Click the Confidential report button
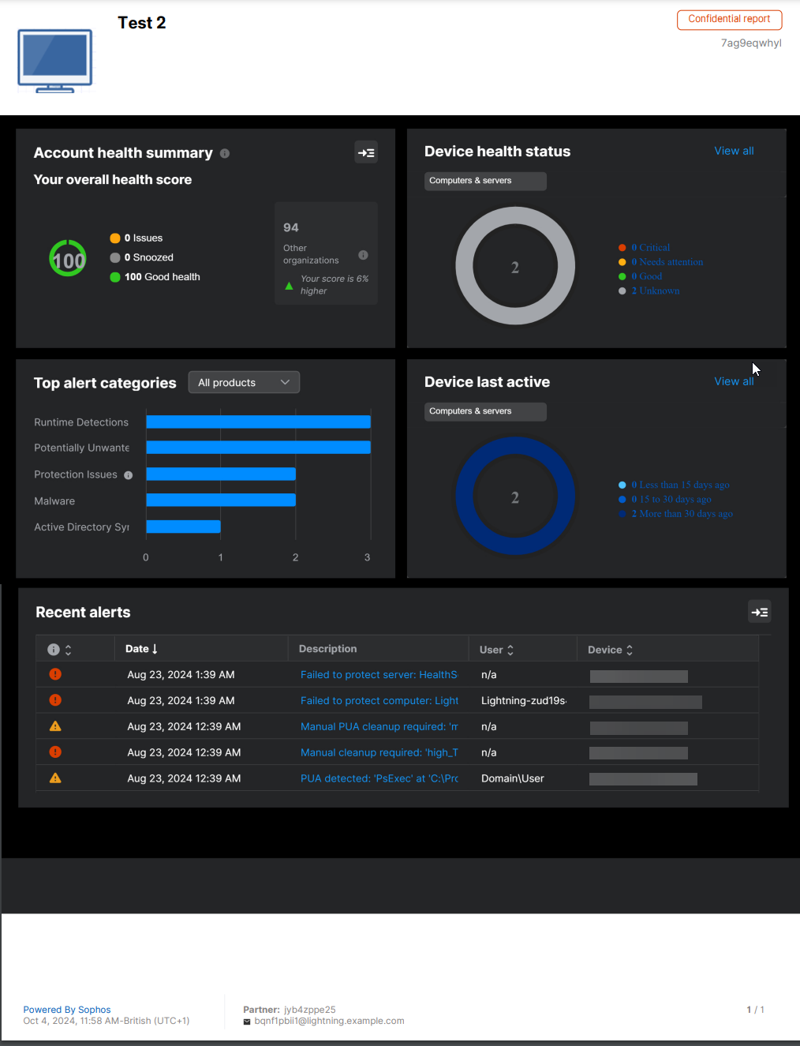tap(729, 19)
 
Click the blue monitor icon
tap(55, 60)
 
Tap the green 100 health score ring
tap(68, 259)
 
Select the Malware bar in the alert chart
tap(220, 501)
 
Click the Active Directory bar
tap(183, 527)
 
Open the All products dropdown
tap(244, 383)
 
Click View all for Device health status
tap(734, 151)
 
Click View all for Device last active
tap(734, 381)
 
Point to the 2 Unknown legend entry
tap(655, 291)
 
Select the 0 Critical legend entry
tap(650, 248)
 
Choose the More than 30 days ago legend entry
tap(682, 514)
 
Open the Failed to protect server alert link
tap(379, 675)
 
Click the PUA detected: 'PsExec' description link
tap(379, 778)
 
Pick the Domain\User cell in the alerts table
tap(513, 778)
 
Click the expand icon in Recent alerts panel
tap(760, 612)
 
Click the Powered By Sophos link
tap(67, 1010)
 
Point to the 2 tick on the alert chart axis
tap(296, 557)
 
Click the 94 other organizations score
tap(291, 227)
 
